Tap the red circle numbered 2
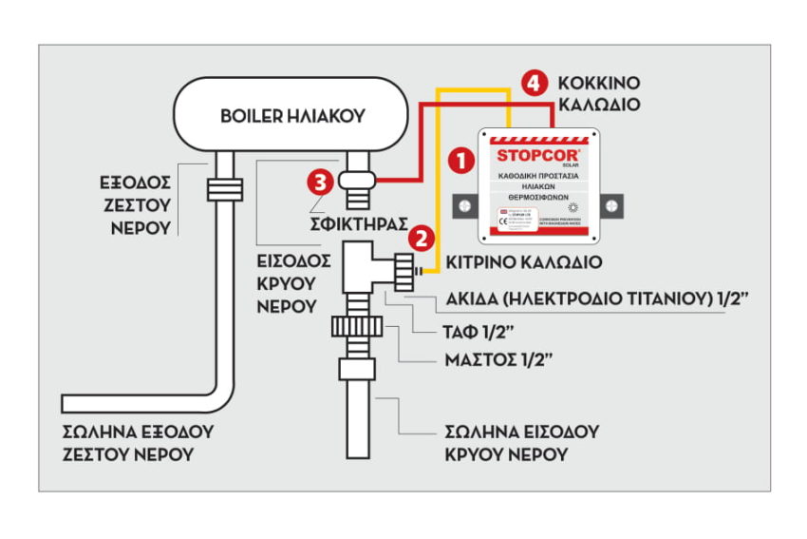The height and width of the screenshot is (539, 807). pos(425,237)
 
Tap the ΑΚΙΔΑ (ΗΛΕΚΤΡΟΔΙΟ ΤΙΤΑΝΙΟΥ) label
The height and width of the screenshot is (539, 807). pos(590,301)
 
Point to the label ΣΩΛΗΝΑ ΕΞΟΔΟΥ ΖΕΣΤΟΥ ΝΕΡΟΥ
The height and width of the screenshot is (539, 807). pos(138,442)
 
